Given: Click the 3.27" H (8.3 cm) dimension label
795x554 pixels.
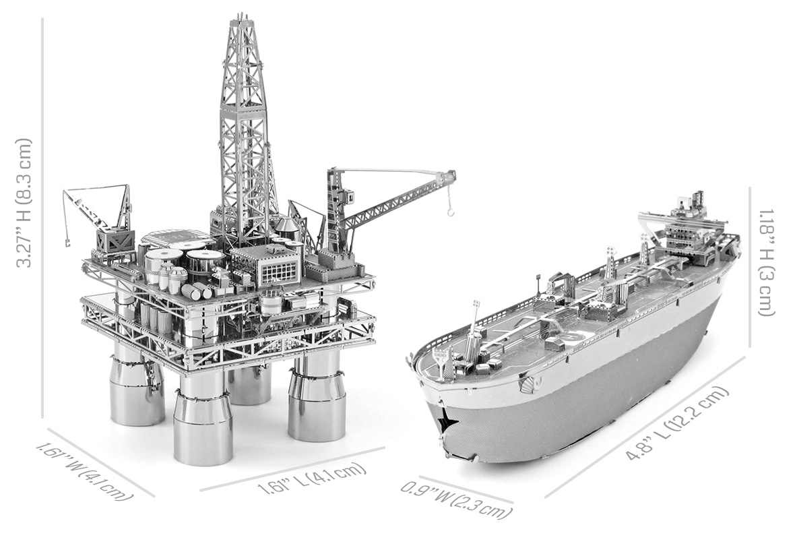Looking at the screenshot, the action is point(24,203).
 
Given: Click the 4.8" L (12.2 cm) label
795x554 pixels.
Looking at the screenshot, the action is point(677,423).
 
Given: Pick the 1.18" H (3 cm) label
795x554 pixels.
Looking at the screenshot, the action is point(767,262).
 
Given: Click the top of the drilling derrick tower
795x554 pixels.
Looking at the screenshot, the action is point(242,23).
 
